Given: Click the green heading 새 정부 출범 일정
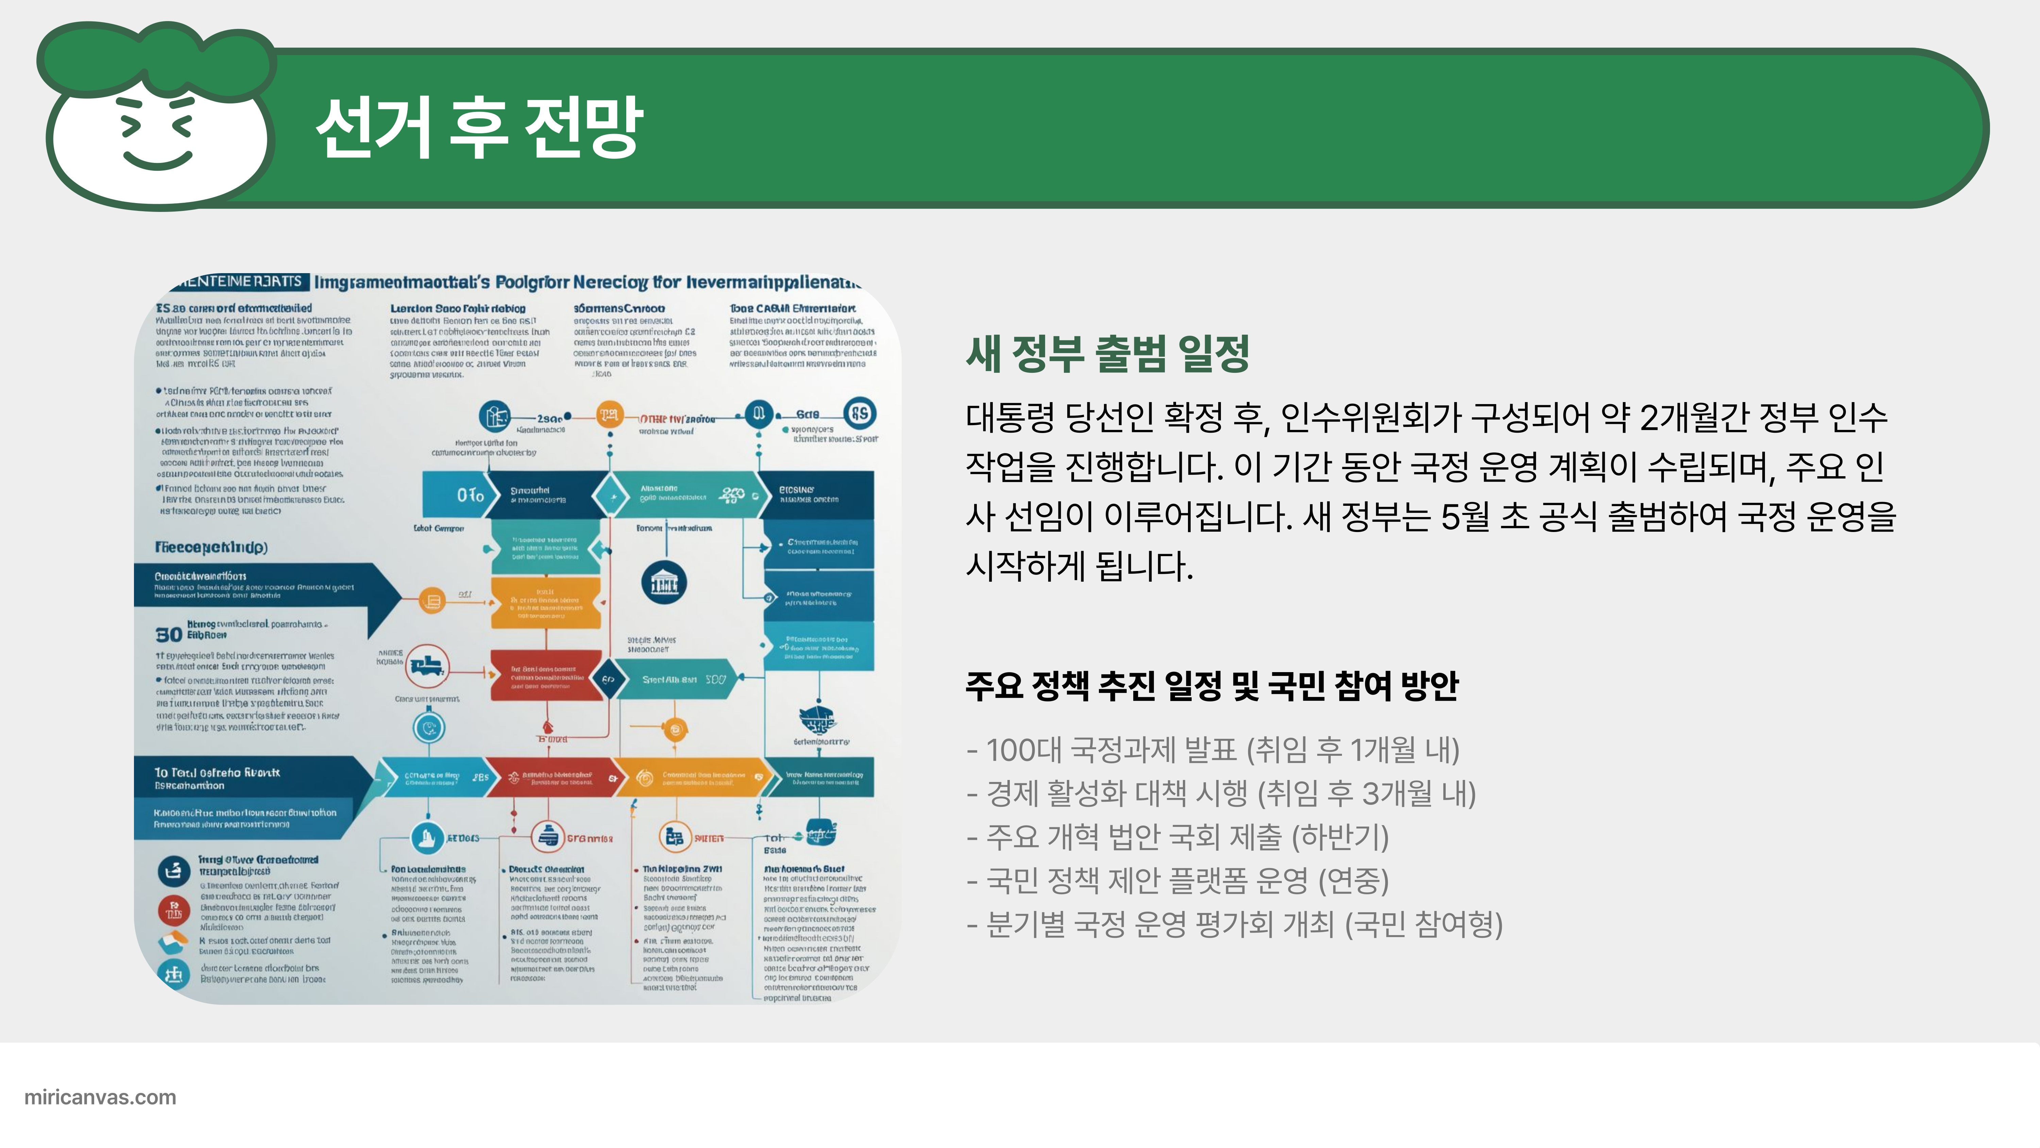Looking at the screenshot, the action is pyautogui.click(x=1107, y=353).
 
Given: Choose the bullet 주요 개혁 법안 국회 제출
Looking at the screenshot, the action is pyautogui.click(x=1178, y=837).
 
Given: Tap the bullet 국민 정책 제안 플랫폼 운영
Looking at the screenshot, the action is pyautogui.click(x=1178, y=880).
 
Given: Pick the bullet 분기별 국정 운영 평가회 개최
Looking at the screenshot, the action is pyautogui.click(x=1234, y=924).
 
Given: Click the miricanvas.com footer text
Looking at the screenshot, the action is pyautogui.click(x=101, y=1097).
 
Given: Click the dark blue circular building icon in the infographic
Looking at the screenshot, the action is pyautogui.click(x=664, y=583).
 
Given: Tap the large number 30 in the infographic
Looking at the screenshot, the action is pyautogui.click(x=169, y=635).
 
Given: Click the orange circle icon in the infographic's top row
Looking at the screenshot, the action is pyautogui.click(x=609, y=414).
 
